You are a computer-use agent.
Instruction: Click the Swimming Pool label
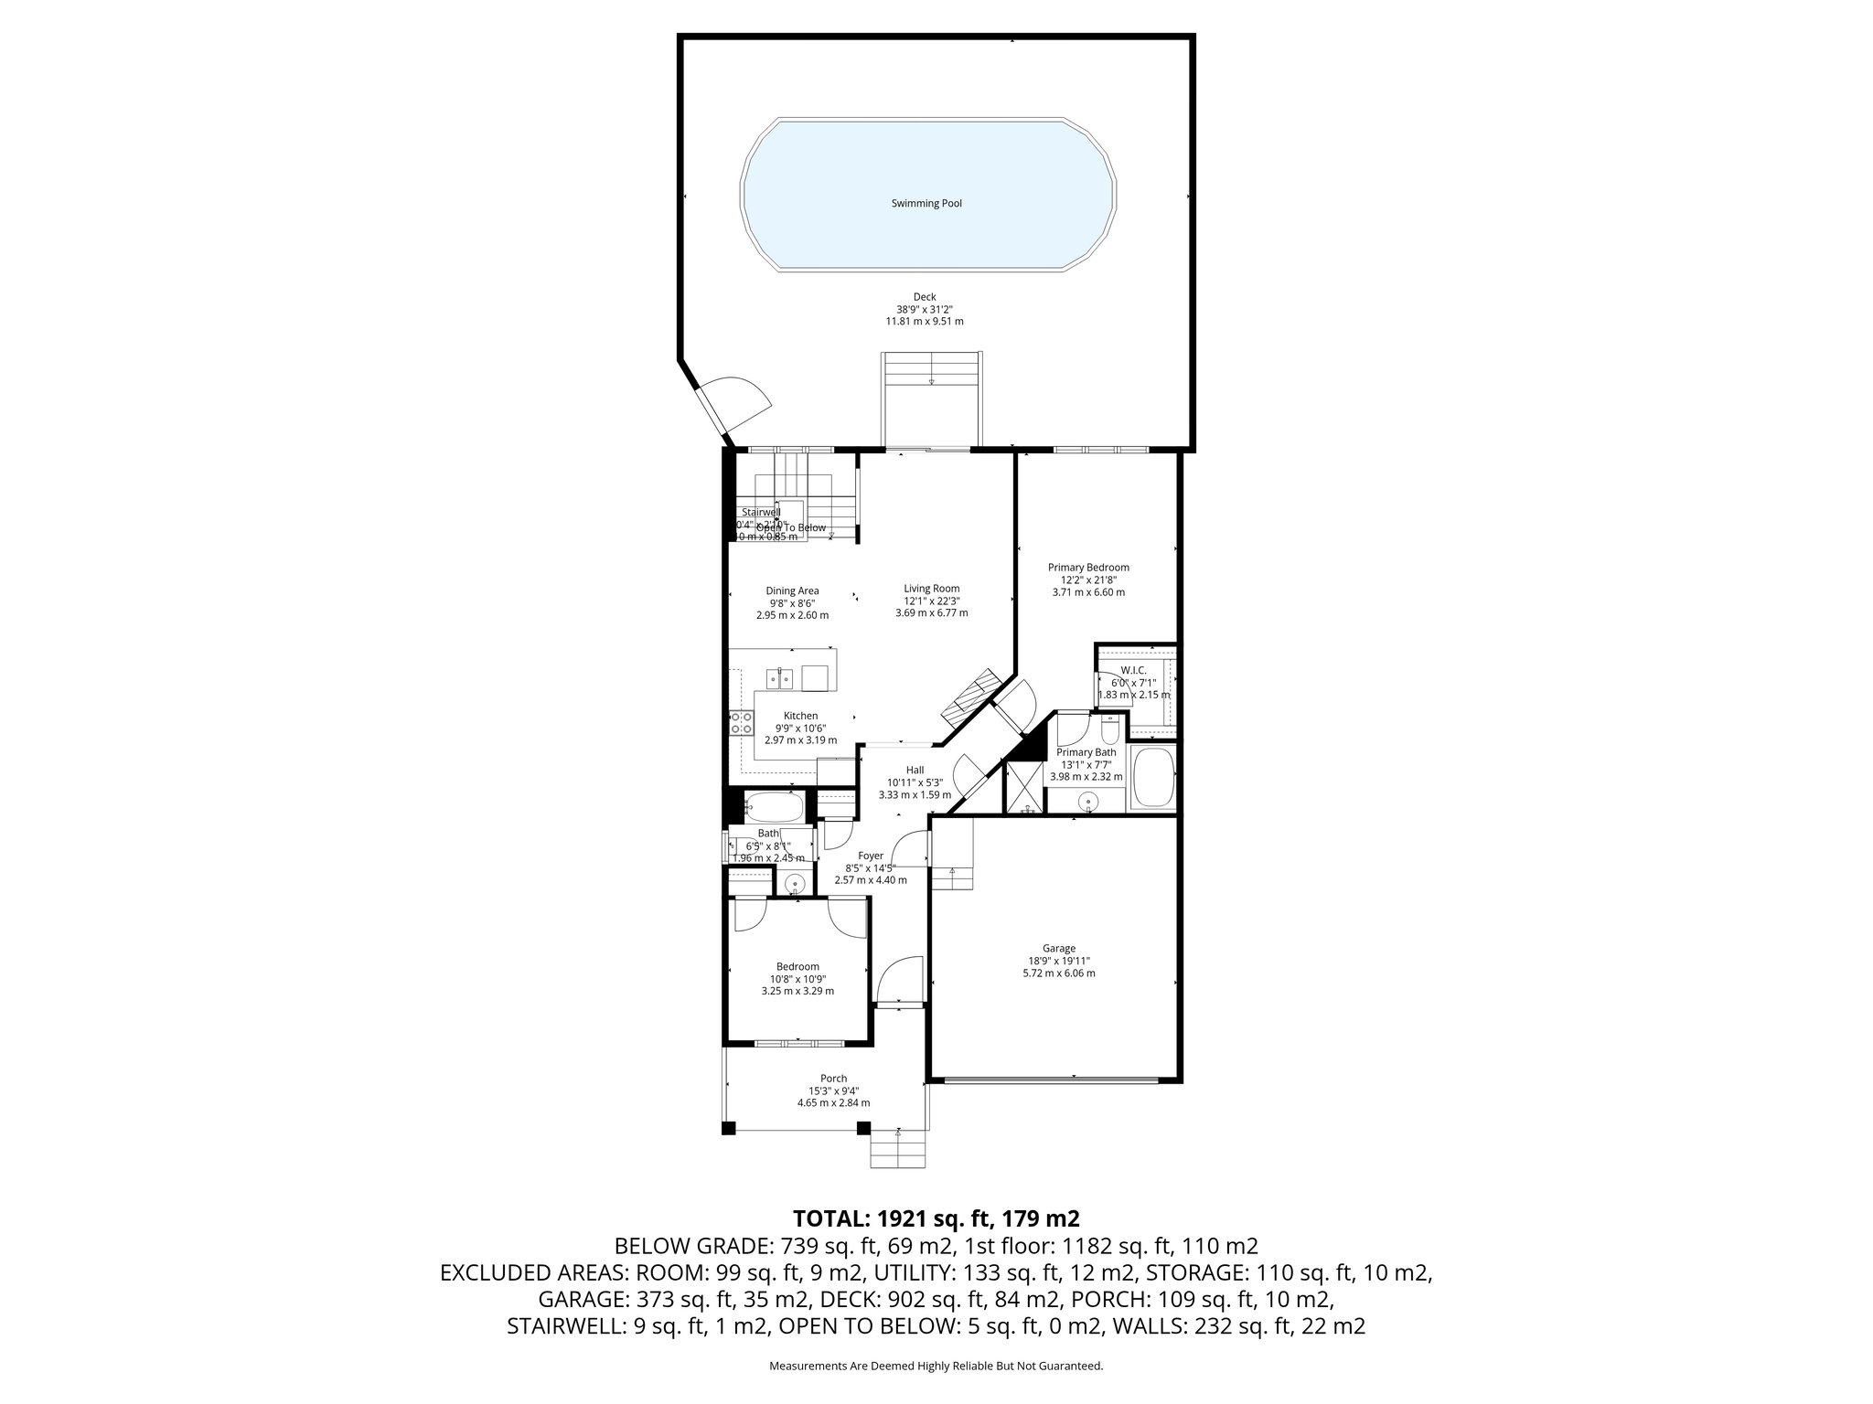coord(926,204)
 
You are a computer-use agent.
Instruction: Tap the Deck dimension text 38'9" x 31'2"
coord(925,309)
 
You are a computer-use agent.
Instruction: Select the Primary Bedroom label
coord(1088,568)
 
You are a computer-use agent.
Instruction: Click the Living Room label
coord(931,589)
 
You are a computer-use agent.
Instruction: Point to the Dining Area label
coord(792,590)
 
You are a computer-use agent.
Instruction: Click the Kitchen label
coord(800,716)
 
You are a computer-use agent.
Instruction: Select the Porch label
coord(833,1079)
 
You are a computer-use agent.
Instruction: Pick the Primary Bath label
coord(1086,752)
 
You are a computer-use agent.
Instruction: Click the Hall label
coord(915,770)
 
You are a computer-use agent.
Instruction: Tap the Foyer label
coord(870,856)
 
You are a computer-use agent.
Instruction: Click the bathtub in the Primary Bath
coord(1152,777)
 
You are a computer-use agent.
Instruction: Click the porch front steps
coord(897,1150)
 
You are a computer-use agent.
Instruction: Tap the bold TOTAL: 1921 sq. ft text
coord(936,1218)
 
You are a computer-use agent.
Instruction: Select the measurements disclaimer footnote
coord(936,1366)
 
